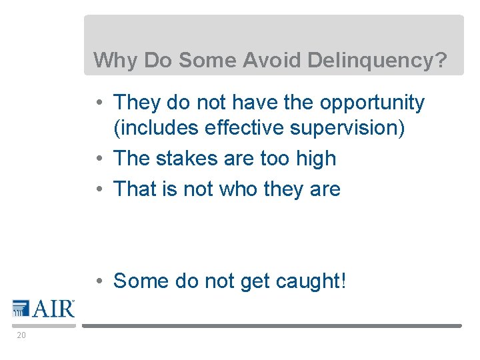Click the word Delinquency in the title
pyautogui.click(x=377, y=61)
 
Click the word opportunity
pyautogui.click(x=372, y=103)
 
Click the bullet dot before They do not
pyautogui.click(x=98, y=103)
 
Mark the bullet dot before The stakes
pyautogui.click(x=98, y=159)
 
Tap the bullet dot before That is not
pyautogui.click(x=98, y=189)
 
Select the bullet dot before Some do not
pyautogui.click(x=98, y=281)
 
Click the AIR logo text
pyautogui.click(x=53, y=309)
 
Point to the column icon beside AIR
pyautogui.click(x=21, y=308)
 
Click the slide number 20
pyautogui.click(x=21, y=335)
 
